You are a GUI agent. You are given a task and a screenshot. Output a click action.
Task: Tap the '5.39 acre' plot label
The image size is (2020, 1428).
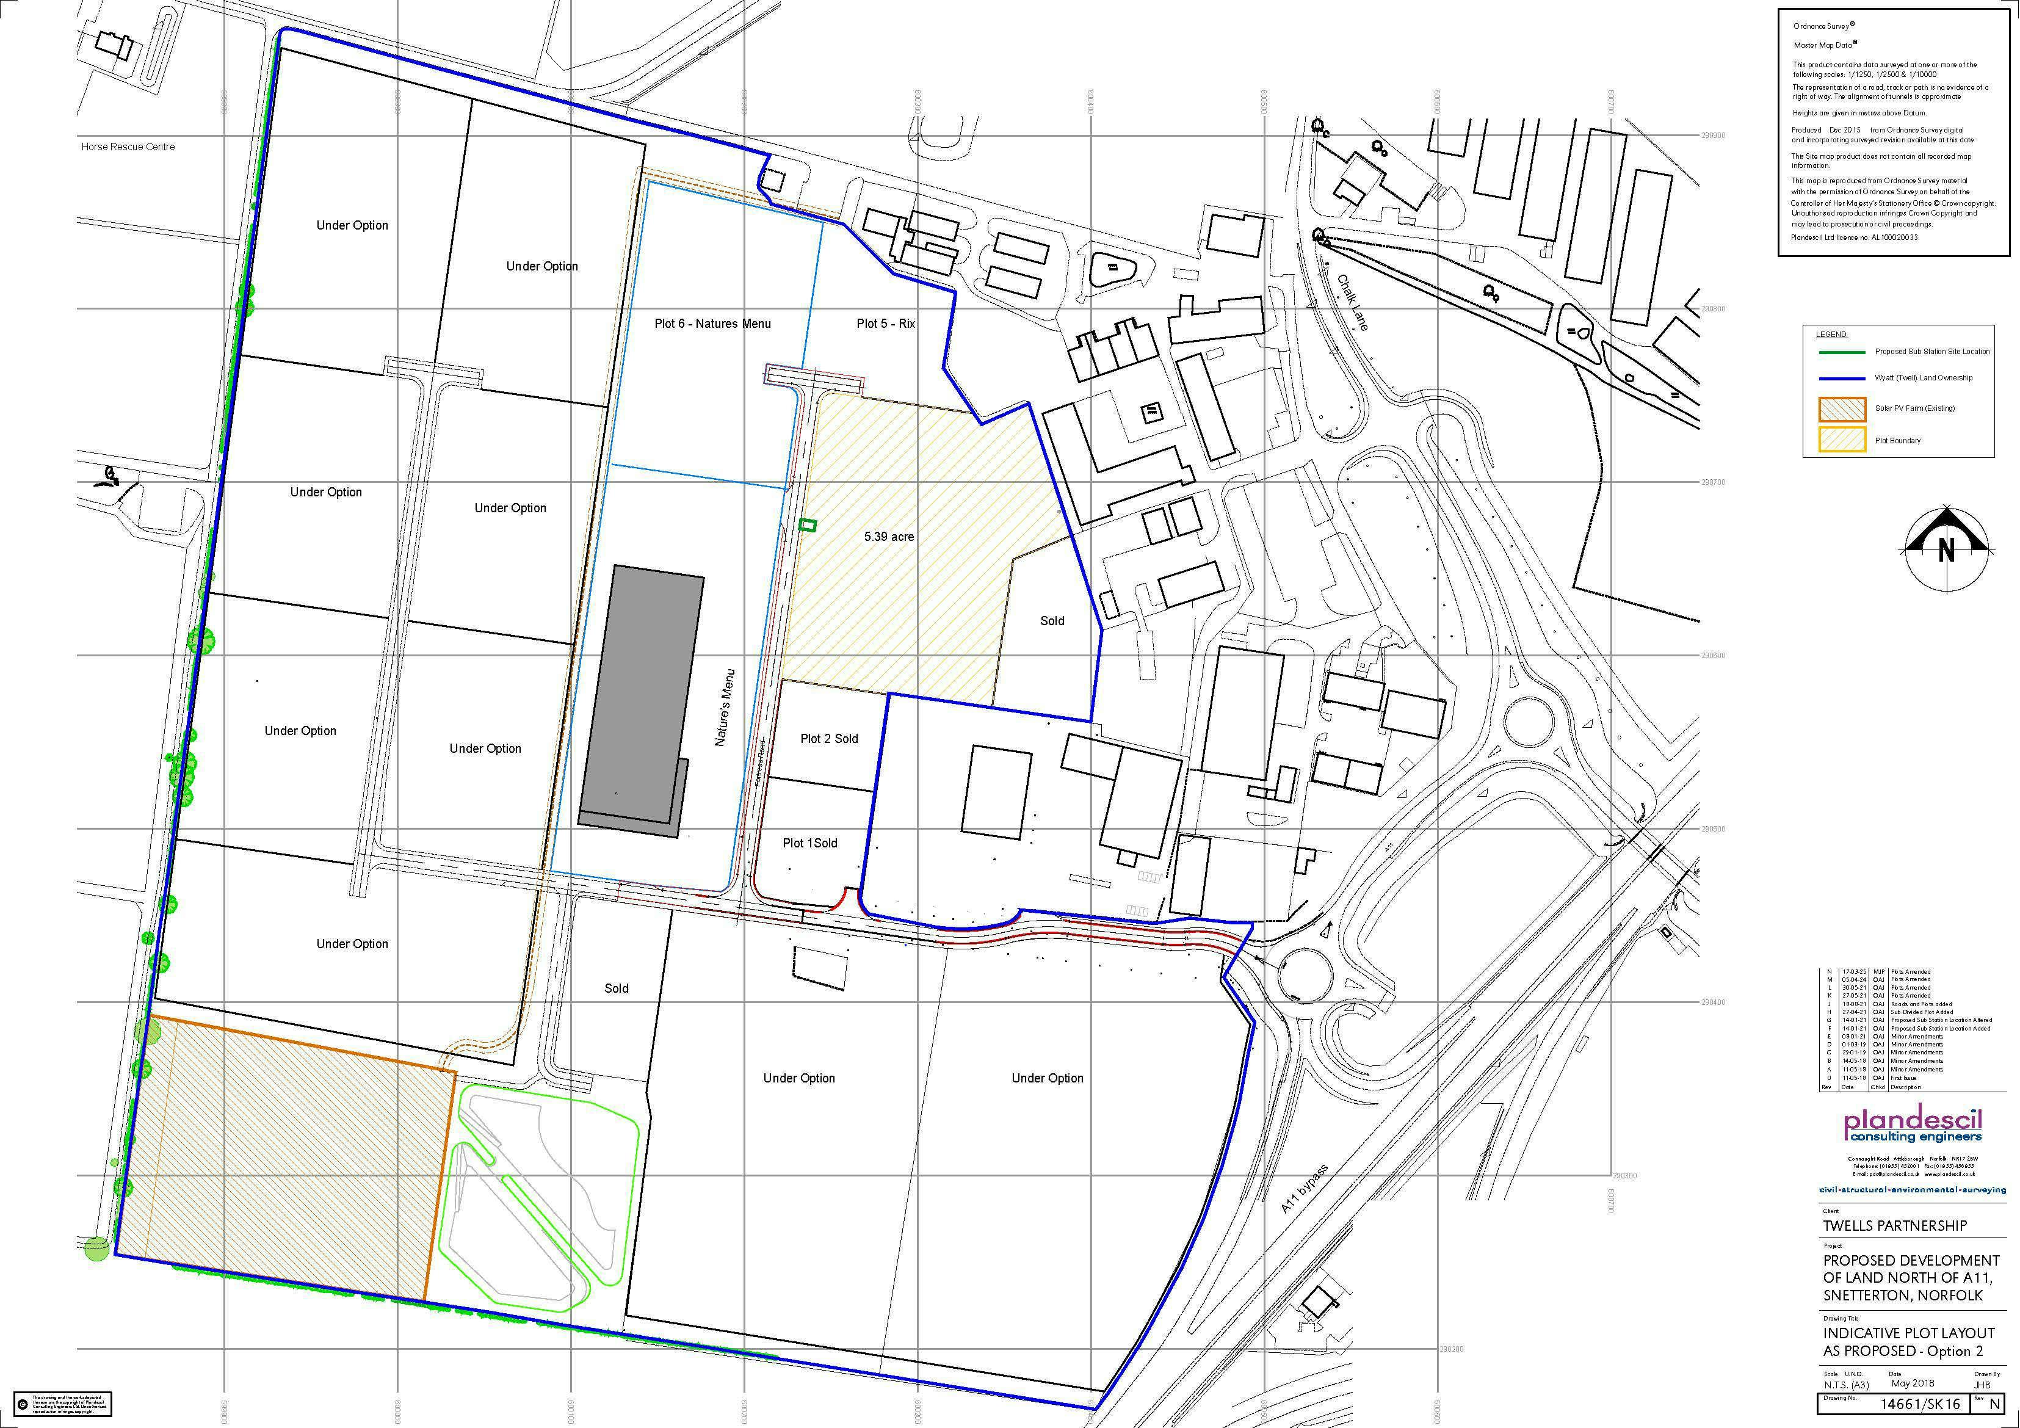(889, 537)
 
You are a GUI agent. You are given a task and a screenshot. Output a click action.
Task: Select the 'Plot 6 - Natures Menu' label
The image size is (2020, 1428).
(712, 324)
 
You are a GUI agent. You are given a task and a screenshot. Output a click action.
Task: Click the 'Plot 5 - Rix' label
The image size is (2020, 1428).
(885, 324)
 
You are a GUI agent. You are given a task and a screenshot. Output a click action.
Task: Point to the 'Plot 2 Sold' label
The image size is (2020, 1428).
(829, 739)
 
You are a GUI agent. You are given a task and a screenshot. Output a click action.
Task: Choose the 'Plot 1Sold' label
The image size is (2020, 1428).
(809, 843)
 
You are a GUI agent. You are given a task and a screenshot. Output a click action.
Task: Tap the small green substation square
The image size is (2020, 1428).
(807, 525)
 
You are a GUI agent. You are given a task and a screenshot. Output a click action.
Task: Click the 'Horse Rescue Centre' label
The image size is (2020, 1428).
(128, 147)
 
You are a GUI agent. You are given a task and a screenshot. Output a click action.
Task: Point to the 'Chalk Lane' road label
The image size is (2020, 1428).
(1353, 303)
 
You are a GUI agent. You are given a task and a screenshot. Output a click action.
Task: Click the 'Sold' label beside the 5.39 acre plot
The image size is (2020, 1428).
(1052, 621)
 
